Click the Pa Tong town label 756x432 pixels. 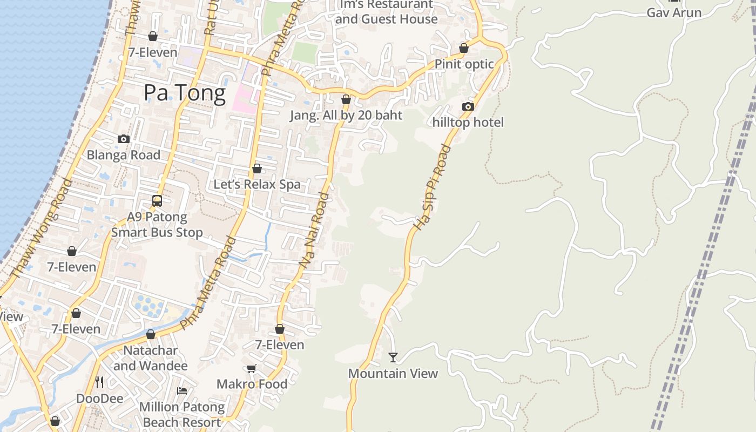tap(185, 93)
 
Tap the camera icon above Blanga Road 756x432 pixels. tap(124, 139)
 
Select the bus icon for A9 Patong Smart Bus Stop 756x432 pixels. tap(157, 201)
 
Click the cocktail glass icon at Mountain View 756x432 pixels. tap(393, 357)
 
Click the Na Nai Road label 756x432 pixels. tap(314, 229)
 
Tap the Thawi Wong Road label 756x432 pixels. tap(41, 229)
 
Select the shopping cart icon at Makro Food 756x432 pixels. tap(251, 369)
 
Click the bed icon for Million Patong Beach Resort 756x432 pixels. tap(182, 391)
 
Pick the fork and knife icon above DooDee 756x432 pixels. tap(99, 382)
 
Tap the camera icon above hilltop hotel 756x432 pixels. tap(468, 107)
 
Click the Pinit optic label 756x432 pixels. tap(464, 64)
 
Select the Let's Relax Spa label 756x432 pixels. tap(257, 184)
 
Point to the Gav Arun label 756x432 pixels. tap(674, 12)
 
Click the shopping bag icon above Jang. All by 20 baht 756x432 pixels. tap(346, 99)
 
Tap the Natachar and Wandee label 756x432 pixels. tap(151, 358)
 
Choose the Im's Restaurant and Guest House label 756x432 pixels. tap(387, 12)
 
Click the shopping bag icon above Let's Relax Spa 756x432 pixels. tap(257, 168)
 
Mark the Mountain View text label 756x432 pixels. tap(393, 373)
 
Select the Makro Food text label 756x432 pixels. tap(252, 384)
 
